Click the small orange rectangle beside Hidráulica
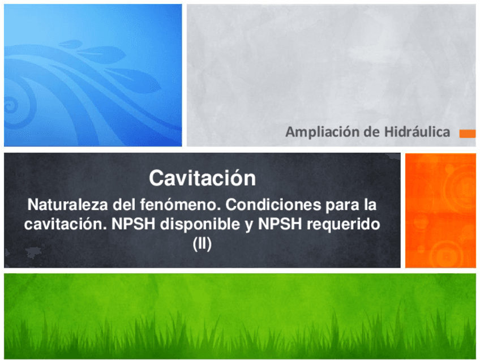click(467, 134)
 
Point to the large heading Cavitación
click(202, 178)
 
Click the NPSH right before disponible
click(134, 224)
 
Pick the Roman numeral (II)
click(202, 245)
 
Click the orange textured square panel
click(440, 210)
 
